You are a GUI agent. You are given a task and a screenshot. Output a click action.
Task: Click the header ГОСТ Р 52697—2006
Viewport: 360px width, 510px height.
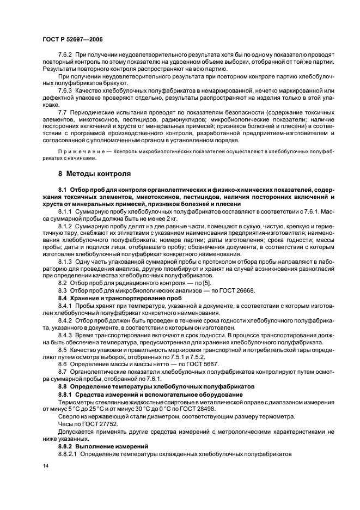pyautogui.click(x=72, y=40)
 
